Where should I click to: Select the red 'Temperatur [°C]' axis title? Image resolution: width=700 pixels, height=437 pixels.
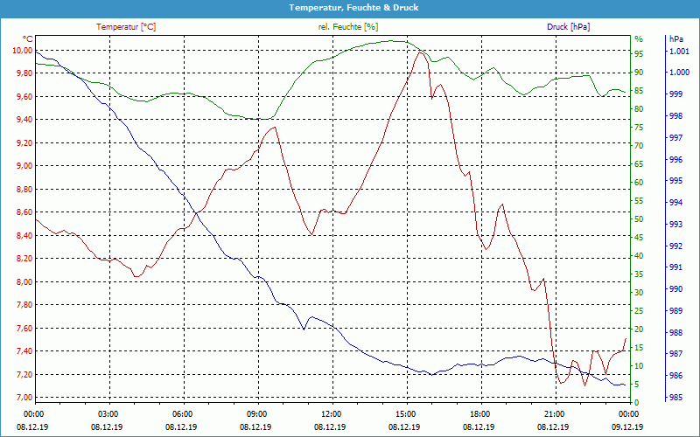(126, 27)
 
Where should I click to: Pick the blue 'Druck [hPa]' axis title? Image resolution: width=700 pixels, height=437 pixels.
(568, 27)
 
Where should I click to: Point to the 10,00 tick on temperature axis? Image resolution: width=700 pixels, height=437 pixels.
(21, 50)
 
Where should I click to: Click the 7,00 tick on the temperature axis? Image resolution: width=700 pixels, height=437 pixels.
(21, 398)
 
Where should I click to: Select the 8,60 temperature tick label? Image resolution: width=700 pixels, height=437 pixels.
(21, 212)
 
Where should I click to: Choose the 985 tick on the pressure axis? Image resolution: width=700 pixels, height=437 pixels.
(675, 398)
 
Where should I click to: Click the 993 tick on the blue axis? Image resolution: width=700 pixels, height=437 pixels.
(675, 225)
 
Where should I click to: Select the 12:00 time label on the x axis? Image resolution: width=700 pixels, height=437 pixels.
(332, 413)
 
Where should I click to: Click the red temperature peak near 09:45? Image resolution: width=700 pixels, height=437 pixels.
(275, 127)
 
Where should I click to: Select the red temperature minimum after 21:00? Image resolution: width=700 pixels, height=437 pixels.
(561, 384)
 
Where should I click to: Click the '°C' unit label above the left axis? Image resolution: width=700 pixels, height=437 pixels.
(27, 39)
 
